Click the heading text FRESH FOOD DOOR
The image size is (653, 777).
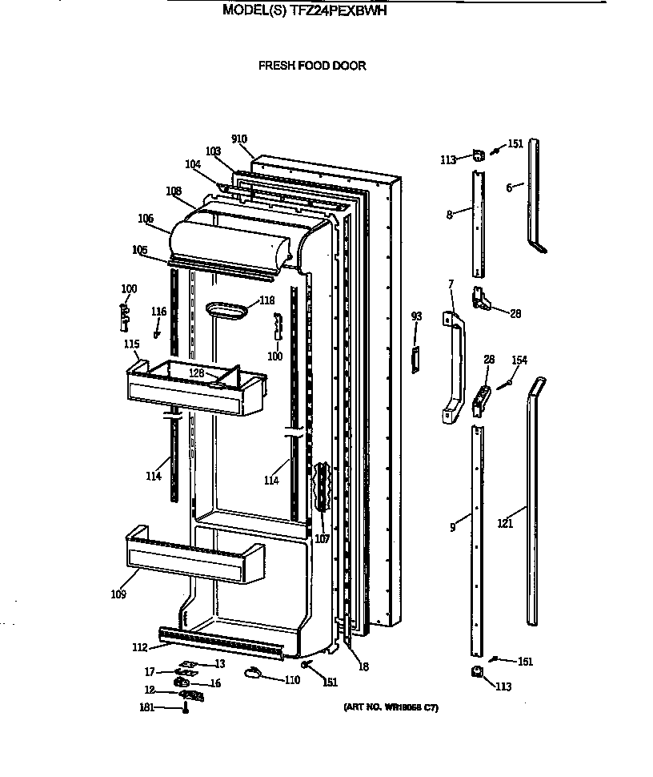pyautogui.click(x=311, y=66)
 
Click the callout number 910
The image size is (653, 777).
pyautogui.click(x=238, y=139)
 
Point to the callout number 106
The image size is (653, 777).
pyautogui.click(x=145, y=218)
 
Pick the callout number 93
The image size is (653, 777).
pyautogui.click(x=415, y=316)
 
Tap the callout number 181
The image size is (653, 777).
pyautogui.click(x=146, y=707)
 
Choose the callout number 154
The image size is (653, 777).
pyautogui.click(x=519, y=361)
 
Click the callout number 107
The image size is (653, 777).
pyautogui.click(x=322, y=539)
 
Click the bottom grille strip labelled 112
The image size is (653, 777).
pyautogui.click(x=221, y=644)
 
